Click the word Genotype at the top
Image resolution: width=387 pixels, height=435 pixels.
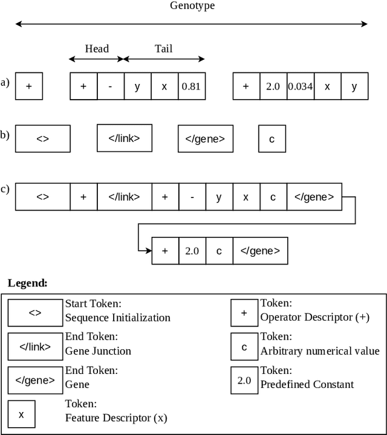(x=192, y=6)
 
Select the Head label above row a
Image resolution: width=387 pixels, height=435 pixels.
(x=97, y=48)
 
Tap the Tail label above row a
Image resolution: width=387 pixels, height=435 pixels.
(x=163, y=48)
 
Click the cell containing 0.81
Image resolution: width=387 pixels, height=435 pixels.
(x=191, y=86)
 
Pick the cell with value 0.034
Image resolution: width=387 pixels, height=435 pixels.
(x=300, y=86)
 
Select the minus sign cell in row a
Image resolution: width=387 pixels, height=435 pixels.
(x=110, y=86)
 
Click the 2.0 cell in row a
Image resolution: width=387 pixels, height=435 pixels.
(x=273, y=86)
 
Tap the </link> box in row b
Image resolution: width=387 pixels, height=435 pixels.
(x=124, y=138)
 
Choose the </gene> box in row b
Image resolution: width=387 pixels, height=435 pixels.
(x=205, y=139)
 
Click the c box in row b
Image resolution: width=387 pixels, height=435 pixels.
(x=272, y=139)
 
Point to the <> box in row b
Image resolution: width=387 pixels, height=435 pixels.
(x=42, y=139)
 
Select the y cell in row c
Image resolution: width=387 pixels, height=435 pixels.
(x=219, y=197)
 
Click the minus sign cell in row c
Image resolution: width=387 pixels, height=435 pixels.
(x=192, y=197)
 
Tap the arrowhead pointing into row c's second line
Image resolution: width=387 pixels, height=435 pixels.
(x=148, y=250)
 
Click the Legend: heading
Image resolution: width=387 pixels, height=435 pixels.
(x=27, y=283)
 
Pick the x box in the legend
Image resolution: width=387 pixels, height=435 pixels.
(x=21, y=414)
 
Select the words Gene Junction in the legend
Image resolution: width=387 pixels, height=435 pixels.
(x=98, y=350)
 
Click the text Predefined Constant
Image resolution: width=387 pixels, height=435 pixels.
(x=307, y=384)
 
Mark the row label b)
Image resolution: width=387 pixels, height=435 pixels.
(x=5, y=135)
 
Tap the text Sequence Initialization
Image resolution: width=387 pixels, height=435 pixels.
(x=117, y=317)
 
